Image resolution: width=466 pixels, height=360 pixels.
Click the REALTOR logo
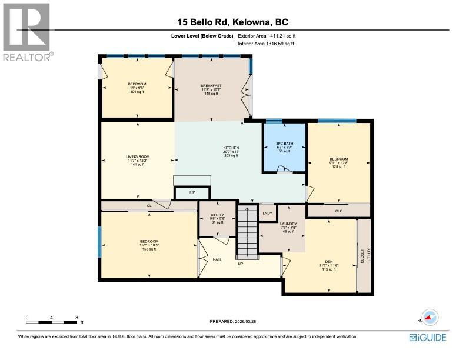coord(26,32)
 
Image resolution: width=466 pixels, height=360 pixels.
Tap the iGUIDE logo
coord(428,337)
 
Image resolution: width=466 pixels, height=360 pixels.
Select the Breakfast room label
coord(211,89)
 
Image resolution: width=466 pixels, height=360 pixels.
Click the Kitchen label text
coord(231,151)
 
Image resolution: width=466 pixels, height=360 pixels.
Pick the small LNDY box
coord(268,212)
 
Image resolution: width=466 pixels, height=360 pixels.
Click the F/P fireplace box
coord(192,193)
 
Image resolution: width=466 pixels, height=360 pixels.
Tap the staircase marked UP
coord(247,232)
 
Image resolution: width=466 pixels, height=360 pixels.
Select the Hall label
coord(217,259)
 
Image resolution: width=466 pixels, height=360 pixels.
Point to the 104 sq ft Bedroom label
coord(137,88)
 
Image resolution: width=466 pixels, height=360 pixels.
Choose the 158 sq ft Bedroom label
coord(149,245)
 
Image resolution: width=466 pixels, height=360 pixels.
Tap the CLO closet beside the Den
coord(338,210)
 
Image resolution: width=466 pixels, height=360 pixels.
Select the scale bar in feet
coord(52,322)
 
